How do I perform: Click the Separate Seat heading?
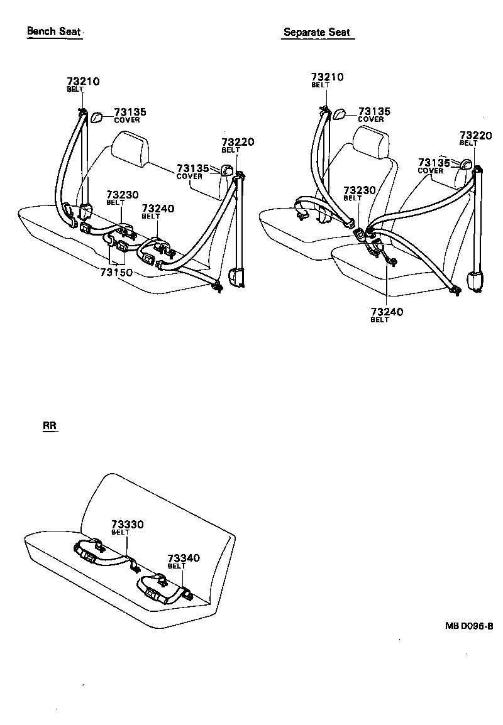[x=317, y=32]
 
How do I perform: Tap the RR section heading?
[x=50, y=426]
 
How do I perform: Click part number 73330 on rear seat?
[x=128, y=524]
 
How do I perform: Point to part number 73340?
[x=183, y=558]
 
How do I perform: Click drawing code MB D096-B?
[x=469, y=626]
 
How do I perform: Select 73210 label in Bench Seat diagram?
[x=83, y=82]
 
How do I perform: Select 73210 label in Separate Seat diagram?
[x=327, y=77]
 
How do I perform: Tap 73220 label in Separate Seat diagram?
[x=475, y=135]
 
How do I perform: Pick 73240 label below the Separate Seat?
[x=387, y=312]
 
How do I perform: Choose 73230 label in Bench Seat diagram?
[x=123, y=195]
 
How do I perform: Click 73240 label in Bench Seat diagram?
[x=158, y=209]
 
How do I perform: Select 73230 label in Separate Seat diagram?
[x=360, y=190]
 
